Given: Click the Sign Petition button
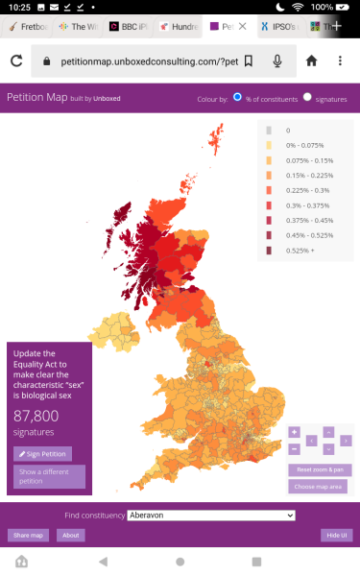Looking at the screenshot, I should click(x=42, y=453).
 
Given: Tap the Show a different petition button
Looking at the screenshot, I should click(x=49, y=476).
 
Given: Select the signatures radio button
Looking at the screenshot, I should click(x=308, y=98).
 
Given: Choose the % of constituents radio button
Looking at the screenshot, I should click(x=237, y=98).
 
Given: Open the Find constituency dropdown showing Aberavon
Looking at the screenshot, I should click(x=210, y=516).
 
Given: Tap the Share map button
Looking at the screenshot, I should click(x=26, y=535).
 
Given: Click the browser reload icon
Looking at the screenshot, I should click(x=16, y=61).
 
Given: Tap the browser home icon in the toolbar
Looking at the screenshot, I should click(x=311, y=61).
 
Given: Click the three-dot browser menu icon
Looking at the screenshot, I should click(x=340, y=61).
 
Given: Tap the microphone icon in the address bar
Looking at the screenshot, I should click(x=277, y=61).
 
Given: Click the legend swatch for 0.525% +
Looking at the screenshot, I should click(x=270, y=251).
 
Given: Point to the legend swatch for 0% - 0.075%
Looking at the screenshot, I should click(x=270, y=145).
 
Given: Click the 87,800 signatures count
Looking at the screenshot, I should click(x=36, y=416).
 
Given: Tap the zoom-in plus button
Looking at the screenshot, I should click(x=294, y=432).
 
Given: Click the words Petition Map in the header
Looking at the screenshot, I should click(x=36, y=98).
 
